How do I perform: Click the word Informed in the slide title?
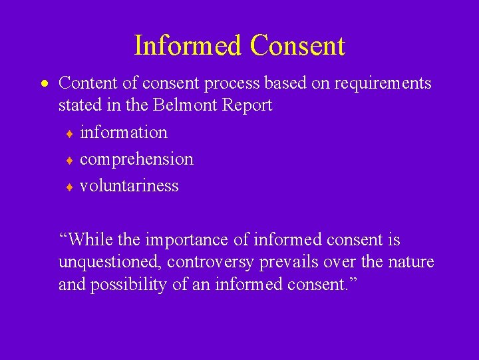click(x=188, y=46)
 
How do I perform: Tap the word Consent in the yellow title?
click(x=297, y=46)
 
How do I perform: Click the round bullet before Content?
click(x=43, y=85)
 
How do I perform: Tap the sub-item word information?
click(x=124, y=132)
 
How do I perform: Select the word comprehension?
click(x=136, y=159)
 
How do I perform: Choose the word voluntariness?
click(x=129, y=185)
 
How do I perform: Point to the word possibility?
click(x=130, y=285)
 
